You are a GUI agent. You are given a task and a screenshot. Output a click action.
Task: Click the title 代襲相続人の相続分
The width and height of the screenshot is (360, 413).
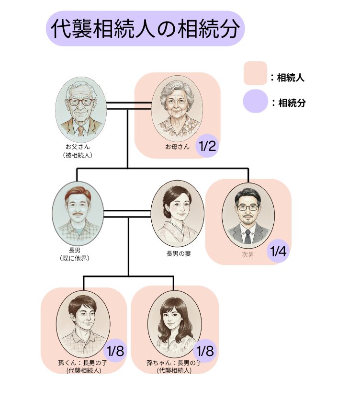[x=145, y=29]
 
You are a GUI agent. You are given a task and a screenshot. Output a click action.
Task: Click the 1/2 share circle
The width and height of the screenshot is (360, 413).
[x=207, y=146]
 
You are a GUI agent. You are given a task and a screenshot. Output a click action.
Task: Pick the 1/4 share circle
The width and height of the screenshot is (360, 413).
[x=278, y=252]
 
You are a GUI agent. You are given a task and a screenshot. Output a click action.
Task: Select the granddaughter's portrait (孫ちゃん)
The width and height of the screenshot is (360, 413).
[x=173, y=323]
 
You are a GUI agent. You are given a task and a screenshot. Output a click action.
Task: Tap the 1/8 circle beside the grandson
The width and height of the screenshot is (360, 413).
[x=115, y=351]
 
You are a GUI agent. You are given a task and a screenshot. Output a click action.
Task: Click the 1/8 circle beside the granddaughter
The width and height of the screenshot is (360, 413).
[x=205, y=351]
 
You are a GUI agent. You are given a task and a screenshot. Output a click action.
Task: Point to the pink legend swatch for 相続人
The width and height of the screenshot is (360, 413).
[x=255, y=73]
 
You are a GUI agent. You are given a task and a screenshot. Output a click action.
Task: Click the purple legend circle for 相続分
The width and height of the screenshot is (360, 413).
[x=255, y=101]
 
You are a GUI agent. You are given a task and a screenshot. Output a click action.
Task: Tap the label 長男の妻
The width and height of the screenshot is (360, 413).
[x=179, y=253]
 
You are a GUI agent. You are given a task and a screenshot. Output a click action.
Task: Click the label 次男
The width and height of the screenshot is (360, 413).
[x=248, y=254]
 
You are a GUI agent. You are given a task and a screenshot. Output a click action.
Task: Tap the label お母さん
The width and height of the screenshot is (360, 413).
[x=178, y=147]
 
